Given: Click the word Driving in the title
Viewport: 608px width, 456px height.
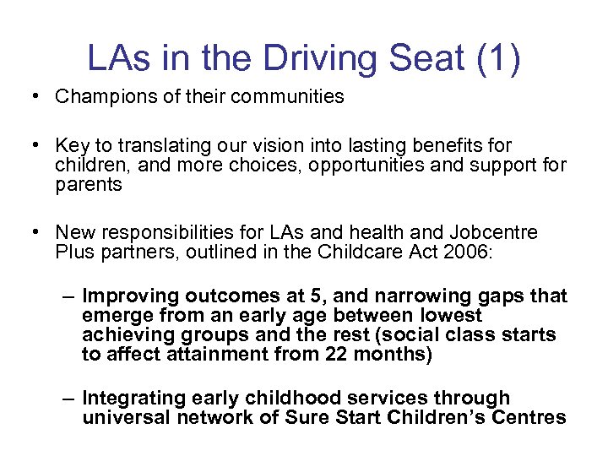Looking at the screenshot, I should click(300, 57).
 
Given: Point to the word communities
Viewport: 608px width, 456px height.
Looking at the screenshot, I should click(290, 96).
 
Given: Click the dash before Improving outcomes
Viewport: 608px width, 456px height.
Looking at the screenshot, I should click(69, 296).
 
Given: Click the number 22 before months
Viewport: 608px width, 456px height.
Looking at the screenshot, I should click(337, 354).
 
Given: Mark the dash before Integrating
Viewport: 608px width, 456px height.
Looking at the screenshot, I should click(69, 398).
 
